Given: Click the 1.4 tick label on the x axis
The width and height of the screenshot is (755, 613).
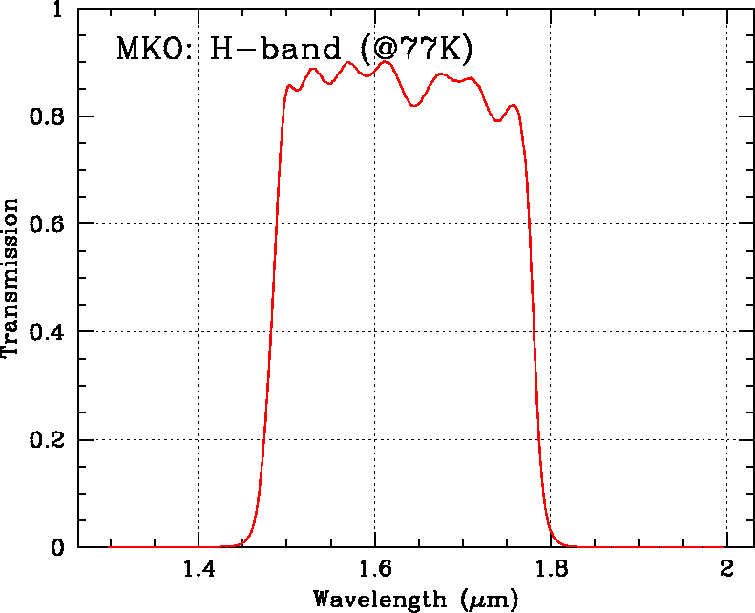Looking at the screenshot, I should click(x=198, y=571).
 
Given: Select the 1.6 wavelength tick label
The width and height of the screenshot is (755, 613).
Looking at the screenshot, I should click(x=374, y=571).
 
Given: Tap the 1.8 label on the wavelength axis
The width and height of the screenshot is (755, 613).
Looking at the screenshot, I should click(x=551, y=571).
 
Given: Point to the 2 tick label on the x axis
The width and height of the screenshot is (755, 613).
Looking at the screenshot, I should click(x=727, y=571).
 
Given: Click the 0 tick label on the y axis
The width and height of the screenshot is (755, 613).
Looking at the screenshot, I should click(x=58, y=548).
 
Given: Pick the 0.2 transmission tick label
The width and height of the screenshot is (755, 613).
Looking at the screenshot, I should click(x=47, y=440).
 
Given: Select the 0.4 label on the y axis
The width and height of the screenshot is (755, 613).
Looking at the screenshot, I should click(x=47, y=332).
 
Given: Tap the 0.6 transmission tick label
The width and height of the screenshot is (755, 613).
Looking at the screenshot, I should click(x=47, y=224).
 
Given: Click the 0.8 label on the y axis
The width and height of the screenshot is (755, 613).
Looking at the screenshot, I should click(x=47, y=116).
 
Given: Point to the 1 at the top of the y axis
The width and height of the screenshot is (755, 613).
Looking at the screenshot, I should click(x=58, y=10).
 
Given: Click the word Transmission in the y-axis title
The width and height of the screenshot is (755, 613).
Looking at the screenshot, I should click(x=11, y=278).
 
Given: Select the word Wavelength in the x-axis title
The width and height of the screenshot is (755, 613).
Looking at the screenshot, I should click(x=379, y=600).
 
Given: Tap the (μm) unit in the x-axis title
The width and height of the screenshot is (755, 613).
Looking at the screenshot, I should click(x=489, y=601).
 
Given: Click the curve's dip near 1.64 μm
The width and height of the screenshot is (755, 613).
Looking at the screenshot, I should click(x=414, y=105).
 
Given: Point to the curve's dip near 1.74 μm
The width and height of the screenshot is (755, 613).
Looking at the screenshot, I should click(x=497, y=121).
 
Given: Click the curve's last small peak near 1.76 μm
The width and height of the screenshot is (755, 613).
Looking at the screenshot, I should click(x=514, y=105).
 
